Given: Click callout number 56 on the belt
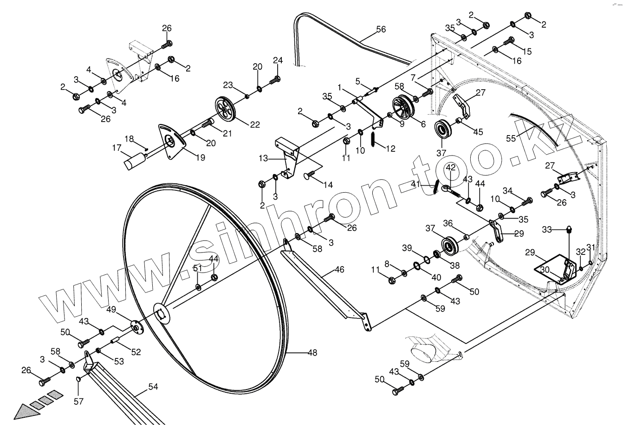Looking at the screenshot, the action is [380, 29].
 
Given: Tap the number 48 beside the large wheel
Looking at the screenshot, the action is [312, 353].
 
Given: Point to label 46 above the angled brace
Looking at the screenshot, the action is [340, 269].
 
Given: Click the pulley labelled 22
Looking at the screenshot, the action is [226, 109].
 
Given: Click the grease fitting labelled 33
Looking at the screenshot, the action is [570, 229].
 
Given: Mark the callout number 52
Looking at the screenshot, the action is [136, 352].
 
